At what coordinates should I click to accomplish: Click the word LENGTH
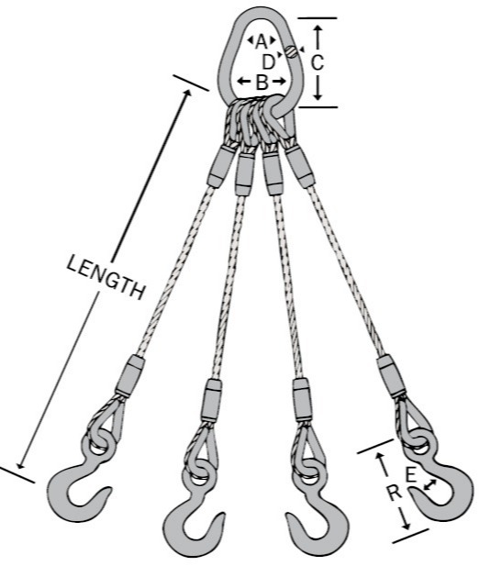(106, 277)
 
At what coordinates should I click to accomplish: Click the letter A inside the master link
(262, 41)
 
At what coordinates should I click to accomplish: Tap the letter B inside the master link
(262, 82)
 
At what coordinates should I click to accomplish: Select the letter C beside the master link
(318, 62)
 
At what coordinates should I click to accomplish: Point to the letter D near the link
(268, 62)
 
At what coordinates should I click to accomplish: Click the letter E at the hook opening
(411, 475)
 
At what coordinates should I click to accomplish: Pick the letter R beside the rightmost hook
(395, 493)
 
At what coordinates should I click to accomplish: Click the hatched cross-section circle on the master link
(291, 51)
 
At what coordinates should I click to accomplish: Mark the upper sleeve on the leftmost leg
(222, 166)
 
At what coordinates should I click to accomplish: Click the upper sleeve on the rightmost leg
(300, 166)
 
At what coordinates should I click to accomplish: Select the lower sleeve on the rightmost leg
(392, 376)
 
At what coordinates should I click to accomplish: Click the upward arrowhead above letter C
(318, 30)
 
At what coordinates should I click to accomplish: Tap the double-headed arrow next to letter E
(430, 484)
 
